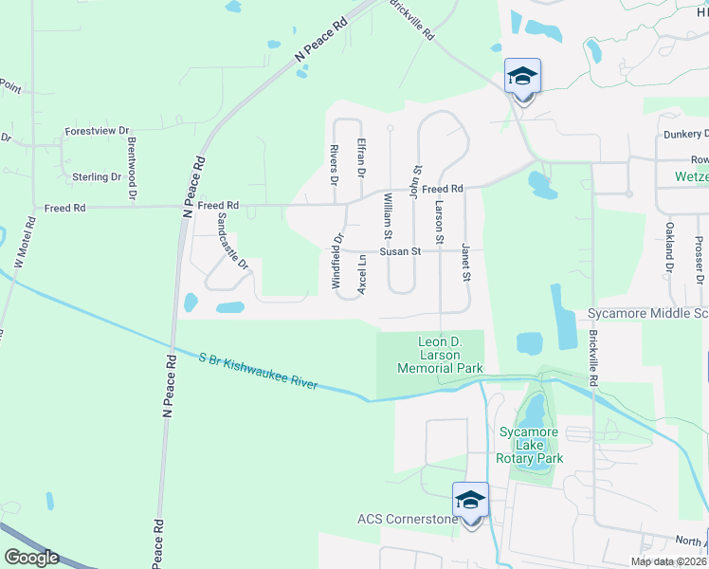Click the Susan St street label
(x=400, y=252)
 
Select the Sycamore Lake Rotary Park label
(x=531, y=446)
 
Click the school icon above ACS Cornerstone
(x=471, y=500)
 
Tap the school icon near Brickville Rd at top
(x=523, y=76)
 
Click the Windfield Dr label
(x=336, y=248)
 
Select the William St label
(x=387, y=216)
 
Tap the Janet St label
(x=465, y=262)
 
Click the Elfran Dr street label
(x=360, y=158)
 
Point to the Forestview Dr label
(x=97, y=131)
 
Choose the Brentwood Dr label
(x=133, y=171)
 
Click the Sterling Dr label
(x=97, y=177)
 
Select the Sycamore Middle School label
(x=646, y=313)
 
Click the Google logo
(x=30, y=558)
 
